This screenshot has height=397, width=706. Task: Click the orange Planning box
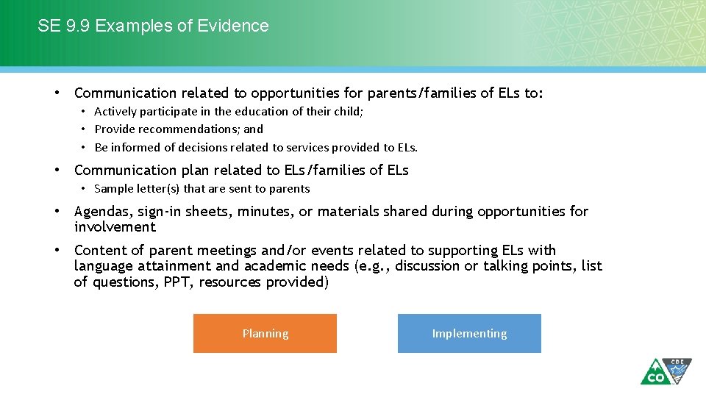265,334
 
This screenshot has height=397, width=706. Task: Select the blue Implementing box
469,334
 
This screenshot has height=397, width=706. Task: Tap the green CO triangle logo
653,372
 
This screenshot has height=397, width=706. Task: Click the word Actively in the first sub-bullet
115,112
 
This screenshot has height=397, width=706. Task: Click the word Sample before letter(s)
113,189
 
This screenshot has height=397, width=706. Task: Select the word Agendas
102,212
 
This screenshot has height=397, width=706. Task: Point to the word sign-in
160,212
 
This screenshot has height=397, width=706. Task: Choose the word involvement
115,227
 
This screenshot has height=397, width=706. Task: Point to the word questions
128,282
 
